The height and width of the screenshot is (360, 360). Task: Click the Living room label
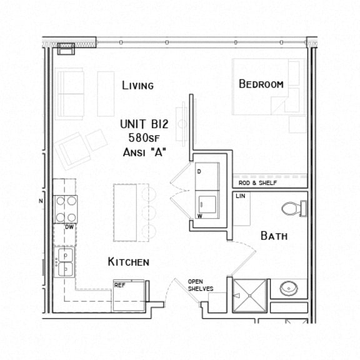[137, 86]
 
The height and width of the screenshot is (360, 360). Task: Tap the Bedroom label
[261, 84]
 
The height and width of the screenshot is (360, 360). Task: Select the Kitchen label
[128, 261]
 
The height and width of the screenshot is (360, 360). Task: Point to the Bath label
[274, 236]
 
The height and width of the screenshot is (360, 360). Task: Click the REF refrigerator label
[119, 285]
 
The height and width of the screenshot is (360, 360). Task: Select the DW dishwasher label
[69, 227]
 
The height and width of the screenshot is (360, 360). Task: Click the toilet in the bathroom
[292, 207]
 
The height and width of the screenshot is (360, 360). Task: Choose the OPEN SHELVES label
[201, 285]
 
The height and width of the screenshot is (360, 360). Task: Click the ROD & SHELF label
[257, 183]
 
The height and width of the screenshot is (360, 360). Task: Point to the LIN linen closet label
[241, 196]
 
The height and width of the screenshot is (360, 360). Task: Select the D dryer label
[199, 170]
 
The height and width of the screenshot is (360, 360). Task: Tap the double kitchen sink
[64, 262]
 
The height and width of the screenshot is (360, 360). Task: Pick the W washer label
[199, 216]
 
